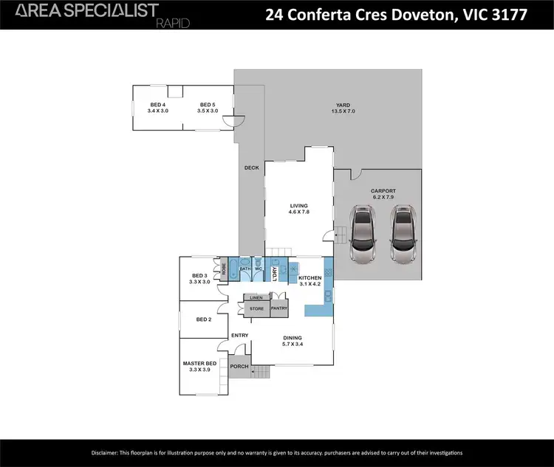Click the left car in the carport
[362, 236]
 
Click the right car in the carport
[403, 236]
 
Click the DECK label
[251, 168]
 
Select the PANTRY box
[279, 308]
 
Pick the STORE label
[256, 308]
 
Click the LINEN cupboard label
[256, 297]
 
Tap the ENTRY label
[239, 336]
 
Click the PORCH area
[239, 367]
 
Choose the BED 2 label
[204, 319]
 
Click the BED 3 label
[199, 278]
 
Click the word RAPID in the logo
[174, 24]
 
